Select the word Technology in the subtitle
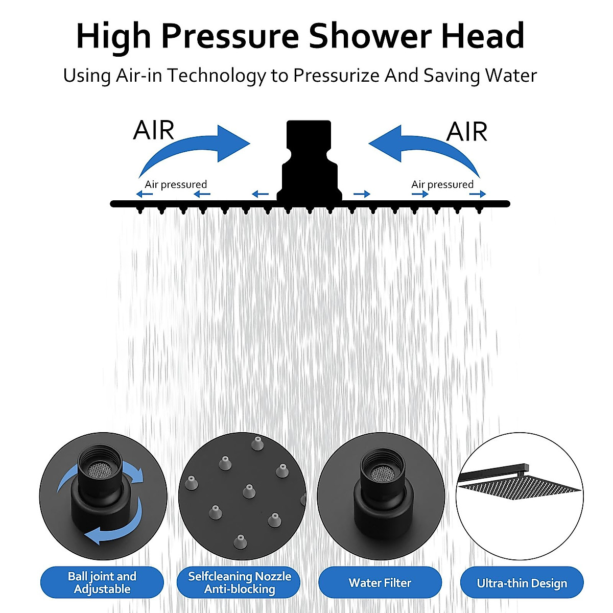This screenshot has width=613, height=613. (x=217, y=76)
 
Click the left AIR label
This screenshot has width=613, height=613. (x=153, y=130)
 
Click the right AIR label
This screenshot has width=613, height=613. (x=466, y=132)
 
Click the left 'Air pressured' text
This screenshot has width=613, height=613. (x=176, y=184)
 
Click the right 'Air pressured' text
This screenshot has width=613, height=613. (x=442, y=184)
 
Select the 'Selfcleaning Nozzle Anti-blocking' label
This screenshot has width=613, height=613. (x=239, y=582)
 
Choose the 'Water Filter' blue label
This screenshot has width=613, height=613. (x=380, y=582)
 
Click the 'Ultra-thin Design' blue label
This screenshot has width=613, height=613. (x=522, y=583)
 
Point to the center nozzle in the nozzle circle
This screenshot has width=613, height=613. (x=249, y=491)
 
